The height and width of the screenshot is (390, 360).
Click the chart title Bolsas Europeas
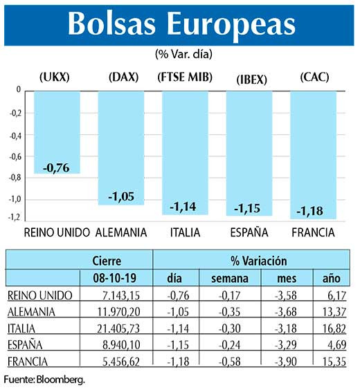180,24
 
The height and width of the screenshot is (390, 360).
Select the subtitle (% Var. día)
180,53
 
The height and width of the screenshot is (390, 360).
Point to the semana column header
220,278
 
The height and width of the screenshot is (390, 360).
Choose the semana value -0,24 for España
220,345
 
